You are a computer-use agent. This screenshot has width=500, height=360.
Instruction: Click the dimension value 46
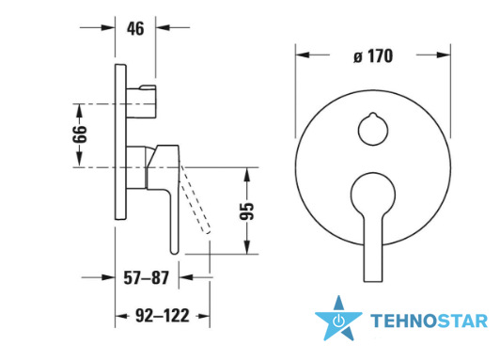(135, 29)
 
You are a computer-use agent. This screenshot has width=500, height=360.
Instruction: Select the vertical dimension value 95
(247, 211)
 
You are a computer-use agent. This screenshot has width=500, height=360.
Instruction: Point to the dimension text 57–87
(146, 277)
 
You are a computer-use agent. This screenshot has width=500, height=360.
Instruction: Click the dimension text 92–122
(163, 316)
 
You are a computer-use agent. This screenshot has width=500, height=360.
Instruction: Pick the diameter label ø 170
(373, 56)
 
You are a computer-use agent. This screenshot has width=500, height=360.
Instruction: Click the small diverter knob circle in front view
(373, 129)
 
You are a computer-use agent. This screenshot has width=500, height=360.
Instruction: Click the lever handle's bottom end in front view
(373, 282)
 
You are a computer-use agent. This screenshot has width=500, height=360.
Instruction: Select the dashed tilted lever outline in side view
(195, 199)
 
